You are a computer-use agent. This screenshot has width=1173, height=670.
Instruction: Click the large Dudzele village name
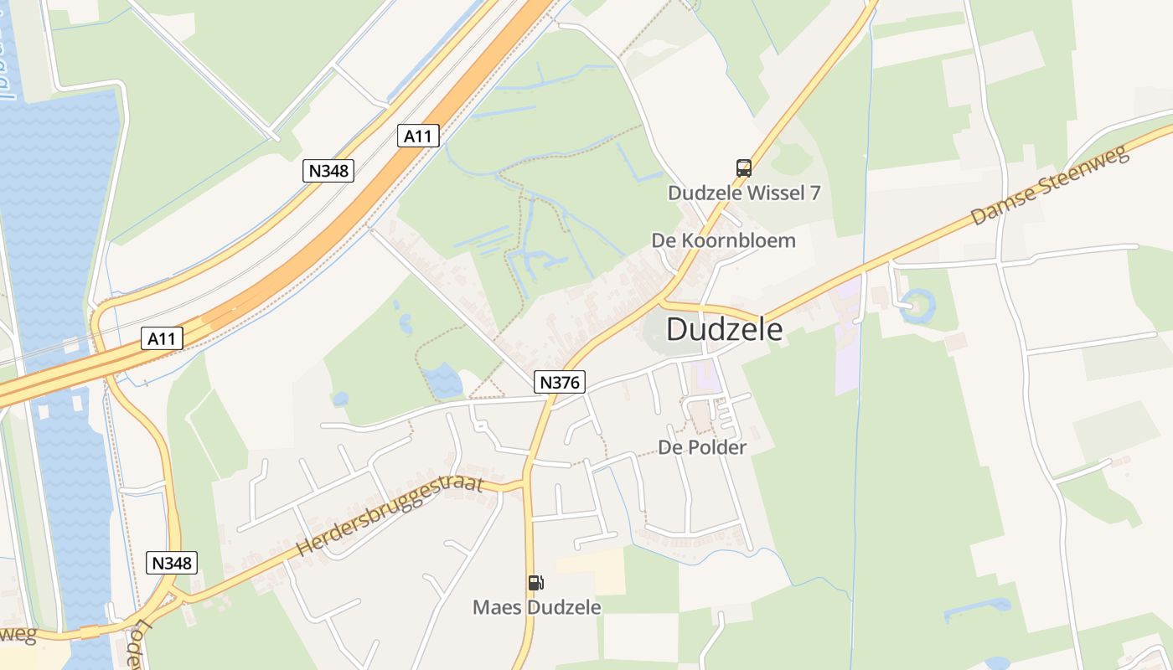tap(725, 329)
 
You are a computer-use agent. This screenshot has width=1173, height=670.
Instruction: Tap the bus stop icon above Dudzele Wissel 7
tap(743, 167)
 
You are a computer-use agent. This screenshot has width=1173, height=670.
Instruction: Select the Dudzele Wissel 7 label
tap(743, 193)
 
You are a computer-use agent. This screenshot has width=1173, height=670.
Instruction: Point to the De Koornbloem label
tap(723, 241)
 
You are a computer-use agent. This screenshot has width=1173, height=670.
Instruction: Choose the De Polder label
tap(702, 447)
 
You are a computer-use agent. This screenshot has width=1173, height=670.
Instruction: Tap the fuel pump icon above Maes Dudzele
tap(536, 583)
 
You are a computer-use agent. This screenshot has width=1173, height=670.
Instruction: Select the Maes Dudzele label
tap(537, 607)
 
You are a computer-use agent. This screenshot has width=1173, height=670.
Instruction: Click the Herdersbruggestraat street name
tap(390, 516)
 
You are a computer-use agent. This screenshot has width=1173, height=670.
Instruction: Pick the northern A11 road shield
tap(417, 135)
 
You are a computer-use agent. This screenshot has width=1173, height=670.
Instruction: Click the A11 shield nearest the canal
tap(163, 338)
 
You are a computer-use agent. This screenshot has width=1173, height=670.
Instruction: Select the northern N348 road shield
tap(328, 171)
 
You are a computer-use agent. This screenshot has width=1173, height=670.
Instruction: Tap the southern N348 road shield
tap(173, 563)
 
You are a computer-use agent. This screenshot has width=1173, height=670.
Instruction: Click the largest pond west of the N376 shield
tap(442, 381)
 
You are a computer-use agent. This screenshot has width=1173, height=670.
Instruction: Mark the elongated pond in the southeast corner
tap(977, 609)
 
